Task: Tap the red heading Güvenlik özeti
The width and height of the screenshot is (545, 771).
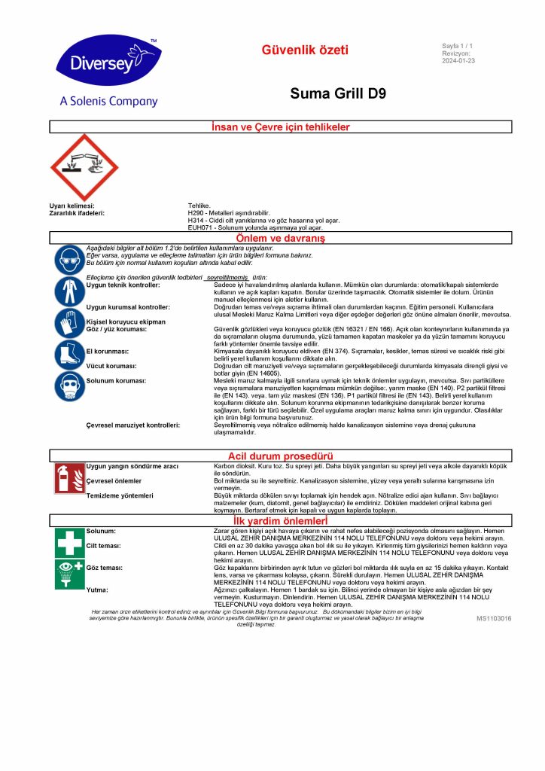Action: click(x=305, y=50)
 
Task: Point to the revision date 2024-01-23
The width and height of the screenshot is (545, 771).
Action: click(x=458, y=61)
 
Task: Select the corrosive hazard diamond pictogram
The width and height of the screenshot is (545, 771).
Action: click(x=84, y=168)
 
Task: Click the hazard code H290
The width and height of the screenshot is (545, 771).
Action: click(x=196, y=212)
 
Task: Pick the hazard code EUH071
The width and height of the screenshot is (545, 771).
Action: click(x=201, y=227)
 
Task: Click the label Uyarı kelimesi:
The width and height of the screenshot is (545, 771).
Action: click(x=72, y=205)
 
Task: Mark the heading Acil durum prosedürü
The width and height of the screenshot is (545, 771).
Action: click(x=280, y=456)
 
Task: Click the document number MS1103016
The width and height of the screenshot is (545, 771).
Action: click(x=493, y=618)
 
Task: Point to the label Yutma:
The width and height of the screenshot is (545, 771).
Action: click(x=96, y=590)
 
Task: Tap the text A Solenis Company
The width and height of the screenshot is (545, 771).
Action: click(x=108, y=101)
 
